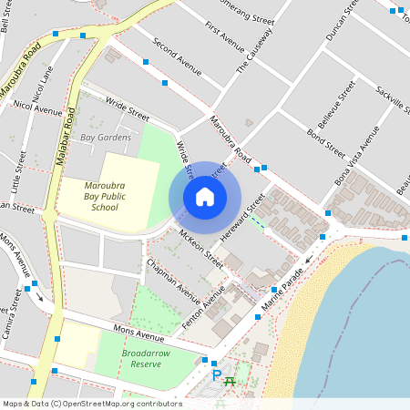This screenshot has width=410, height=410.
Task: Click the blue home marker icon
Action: pyautogui.click(x=205, y=197)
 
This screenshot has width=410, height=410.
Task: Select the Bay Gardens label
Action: pyautogui.click(x=106, y=138)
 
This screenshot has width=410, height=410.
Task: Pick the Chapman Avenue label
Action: pyautogui.click(x=172, y=278)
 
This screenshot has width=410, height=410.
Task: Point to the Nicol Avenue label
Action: pyautogui.click(x=37, y=107)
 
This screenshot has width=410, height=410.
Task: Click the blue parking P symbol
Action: pyautogui.click(x=216, y=374)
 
